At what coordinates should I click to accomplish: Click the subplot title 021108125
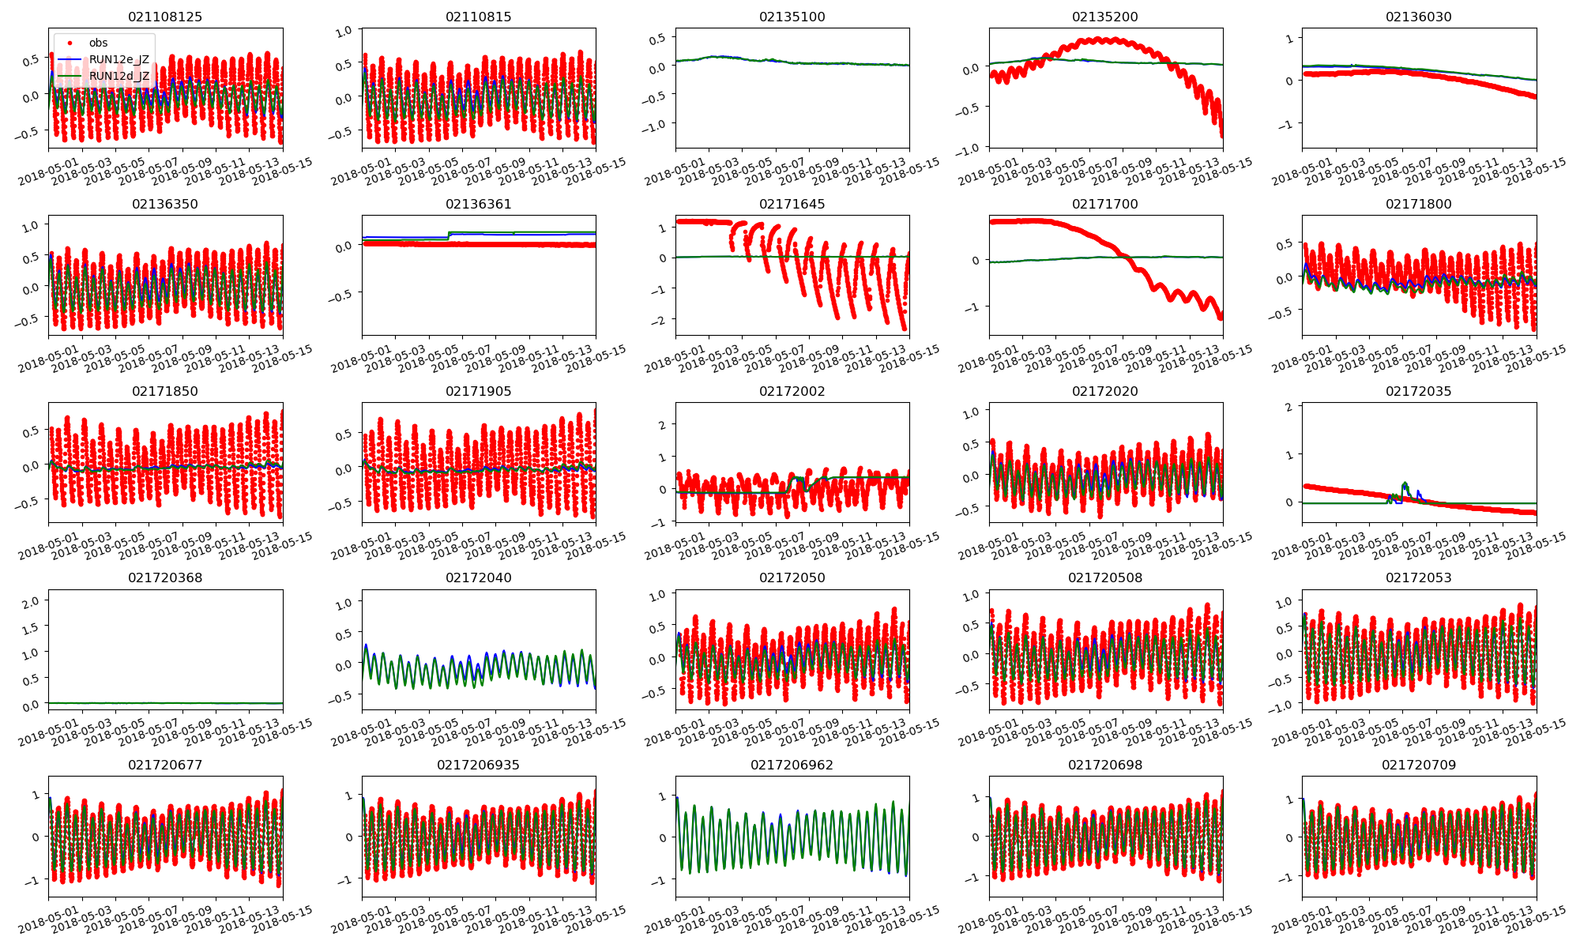(165, 17)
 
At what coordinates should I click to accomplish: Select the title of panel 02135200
(1105, 17)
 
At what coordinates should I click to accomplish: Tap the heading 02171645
(792, 204)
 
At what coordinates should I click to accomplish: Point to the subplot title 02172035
(1418, 391)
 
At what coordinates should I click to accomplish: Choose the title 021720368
(165, 577)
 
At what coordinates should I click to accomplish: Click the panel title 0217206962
(792, 765)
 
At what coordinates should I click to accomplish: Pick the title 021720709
(1418, 765)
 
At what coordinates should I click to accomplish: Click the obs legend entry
(98, 43)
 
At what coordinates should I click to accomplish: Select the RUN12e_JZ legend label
(118, 59)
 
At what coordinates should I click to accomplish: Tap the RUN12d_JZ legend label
(118, 76)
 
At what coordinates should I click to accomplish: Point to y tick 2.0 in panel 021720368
(31, 602)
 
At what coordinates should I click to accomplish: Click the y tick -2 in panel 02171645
(660, 320)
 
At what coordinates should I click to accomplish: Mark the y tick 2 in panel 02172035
(1288, 407)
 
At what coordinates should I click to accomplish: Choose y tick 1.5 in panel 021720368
(31, 628)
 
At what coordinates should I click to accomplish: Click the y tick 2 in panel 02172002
(662, 425)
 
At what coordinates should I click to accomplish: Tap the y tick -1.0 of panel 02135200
(968, 148)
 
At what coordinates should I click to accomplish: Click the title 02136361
(478, 204)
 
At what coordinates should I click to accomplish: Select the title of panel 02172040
(478, 577)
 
